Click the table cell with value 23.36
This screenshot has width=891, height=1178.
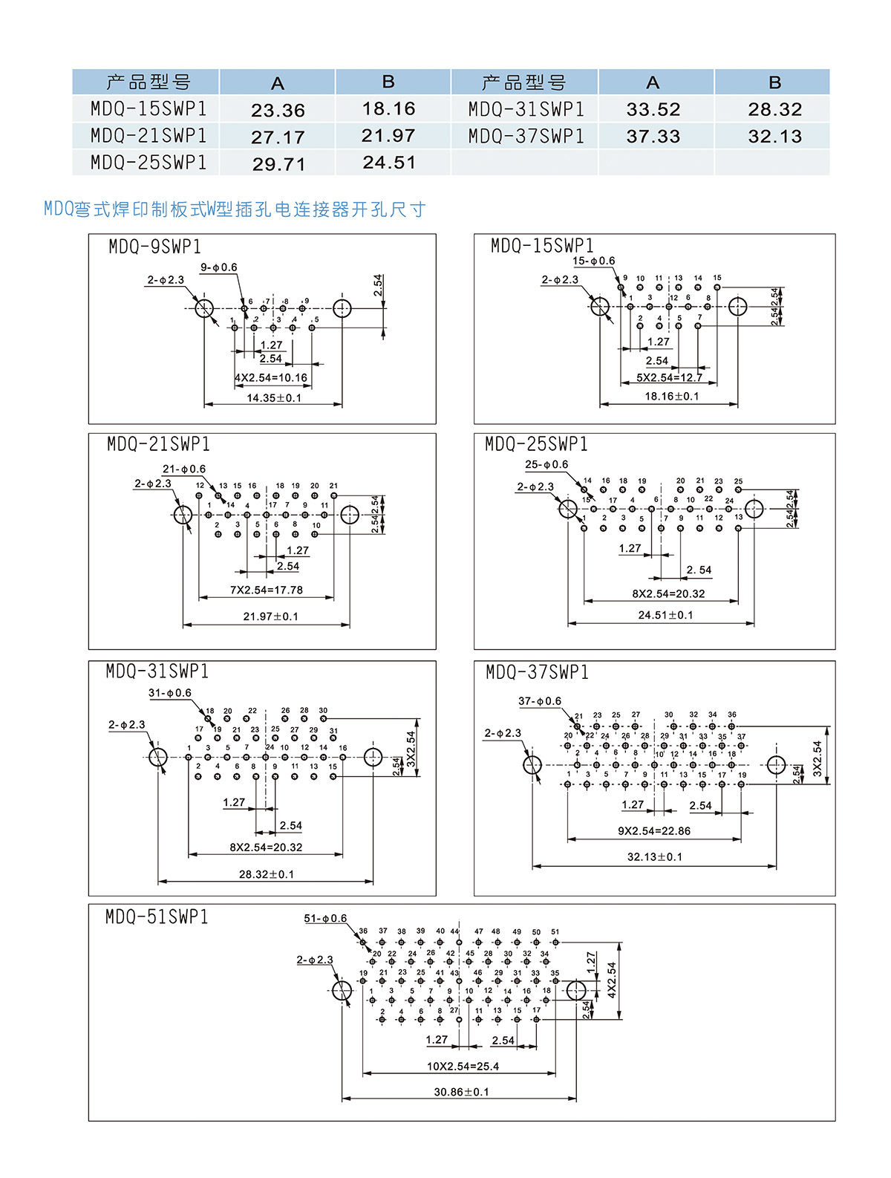pos(278,111)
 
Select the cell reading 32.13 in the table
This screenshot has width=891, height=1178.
pos(774,137)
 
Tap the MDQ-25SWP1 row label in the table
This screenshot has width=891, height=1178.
pos(148,163)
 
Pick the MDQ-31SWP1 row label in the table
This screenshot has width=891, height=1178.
pos(526,110)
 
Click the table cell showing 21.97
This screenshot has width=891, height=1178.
pos(388,136)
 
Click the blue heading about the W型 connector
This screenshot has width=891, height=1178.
pos(235,210)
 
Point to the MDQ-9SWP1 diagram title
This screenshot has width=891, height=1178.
pos(154,247)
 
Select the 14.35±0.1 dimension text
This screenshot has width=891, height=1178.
pos(274,398)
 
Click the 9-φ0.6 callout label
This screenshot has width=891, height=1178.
pos(219,267)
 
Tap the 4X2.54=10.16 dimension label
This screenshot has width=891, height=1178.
pos(271,378)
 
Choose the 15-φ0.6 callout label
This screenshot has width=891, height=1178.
pos(593,261)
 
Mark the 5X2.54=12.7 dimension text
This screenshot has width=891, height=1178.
pos(669,378)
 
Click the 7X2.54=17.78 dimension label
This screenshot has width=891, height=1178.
pos(266,590)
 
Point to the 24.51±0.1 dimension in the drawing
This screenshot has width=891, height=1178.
pos(665,616)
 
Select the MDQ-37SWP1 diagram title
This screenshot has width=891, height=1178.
pos(537,673)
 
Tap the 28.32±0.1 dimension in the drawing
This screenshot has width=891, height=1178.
pos(266,875)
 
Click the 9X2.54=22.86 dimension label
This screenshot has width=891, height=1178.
pos(654,831)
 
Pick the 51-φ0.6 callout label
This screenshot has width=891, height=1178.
pos(325,919)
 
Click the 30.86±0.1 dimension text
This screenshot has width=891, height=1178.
pos(461,1093)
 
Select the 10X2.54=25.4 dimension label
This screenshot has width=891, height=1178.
pos(463,1067)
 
